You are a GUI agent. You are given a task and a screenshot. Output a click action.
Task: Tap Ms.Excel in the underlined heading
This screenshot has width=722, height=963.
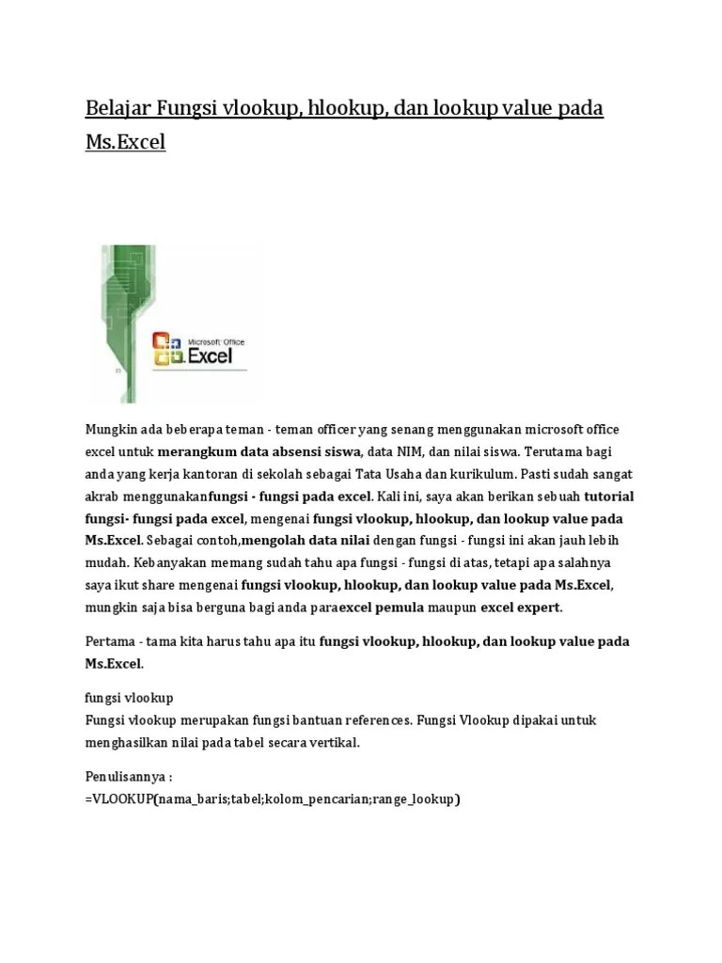125,144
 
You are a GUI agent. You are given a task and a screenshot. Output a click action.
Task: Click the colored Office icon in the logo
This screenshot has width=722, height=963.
166,347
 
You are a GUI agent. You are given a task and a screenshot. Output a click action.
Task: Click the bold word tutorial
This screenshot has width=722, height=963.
609,497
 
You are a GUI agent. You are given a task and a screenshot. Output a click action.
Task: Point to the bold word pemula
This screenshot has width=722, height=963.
400,608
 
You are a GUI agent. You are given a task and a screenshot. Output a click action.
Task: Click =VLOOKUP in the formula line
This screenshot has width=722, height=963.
118,800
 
